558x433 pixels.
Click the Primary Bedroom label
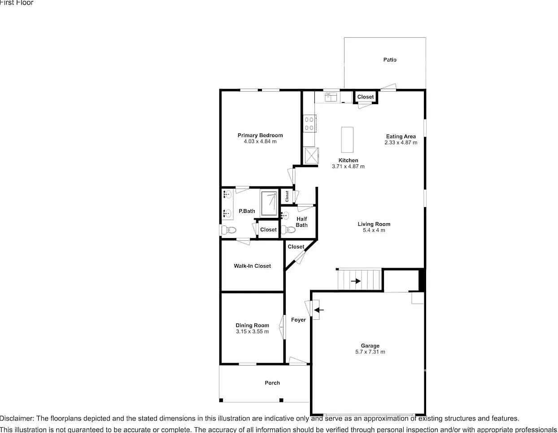point(260,135)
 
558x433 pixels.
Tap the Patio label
point(390,60)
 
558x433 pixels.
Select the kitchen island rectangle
point(347,140)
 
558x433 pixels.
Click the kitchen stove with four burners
point(309,124)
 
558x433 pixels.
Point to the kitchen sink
point(331,97)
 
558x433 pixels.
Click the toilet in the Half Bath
point(288,229)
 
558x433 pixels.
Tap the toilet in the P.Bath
point(229,230)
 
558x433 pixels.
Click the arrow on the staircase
point(356,281)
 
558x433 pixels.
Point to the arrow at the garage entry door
point(318,310)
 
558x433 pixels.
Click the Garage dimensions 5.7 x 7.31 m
point(370,352)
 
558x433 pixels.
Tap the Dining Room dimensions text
point(252,331)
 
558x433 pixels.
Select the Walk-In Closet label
point(252,266)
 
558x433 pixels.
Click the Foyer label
point(298,320)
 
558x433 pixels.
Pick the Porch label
point(272,383)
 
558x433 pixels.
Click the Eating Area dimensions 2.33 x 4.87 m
point(401,142)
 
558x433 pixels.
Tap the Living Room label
point(374,224)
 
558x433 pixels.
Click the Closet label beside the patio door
point(366,97)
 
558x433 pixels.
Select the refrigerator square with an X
point(311,155)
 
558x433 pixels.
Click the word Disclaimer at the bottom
point(17,418)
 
